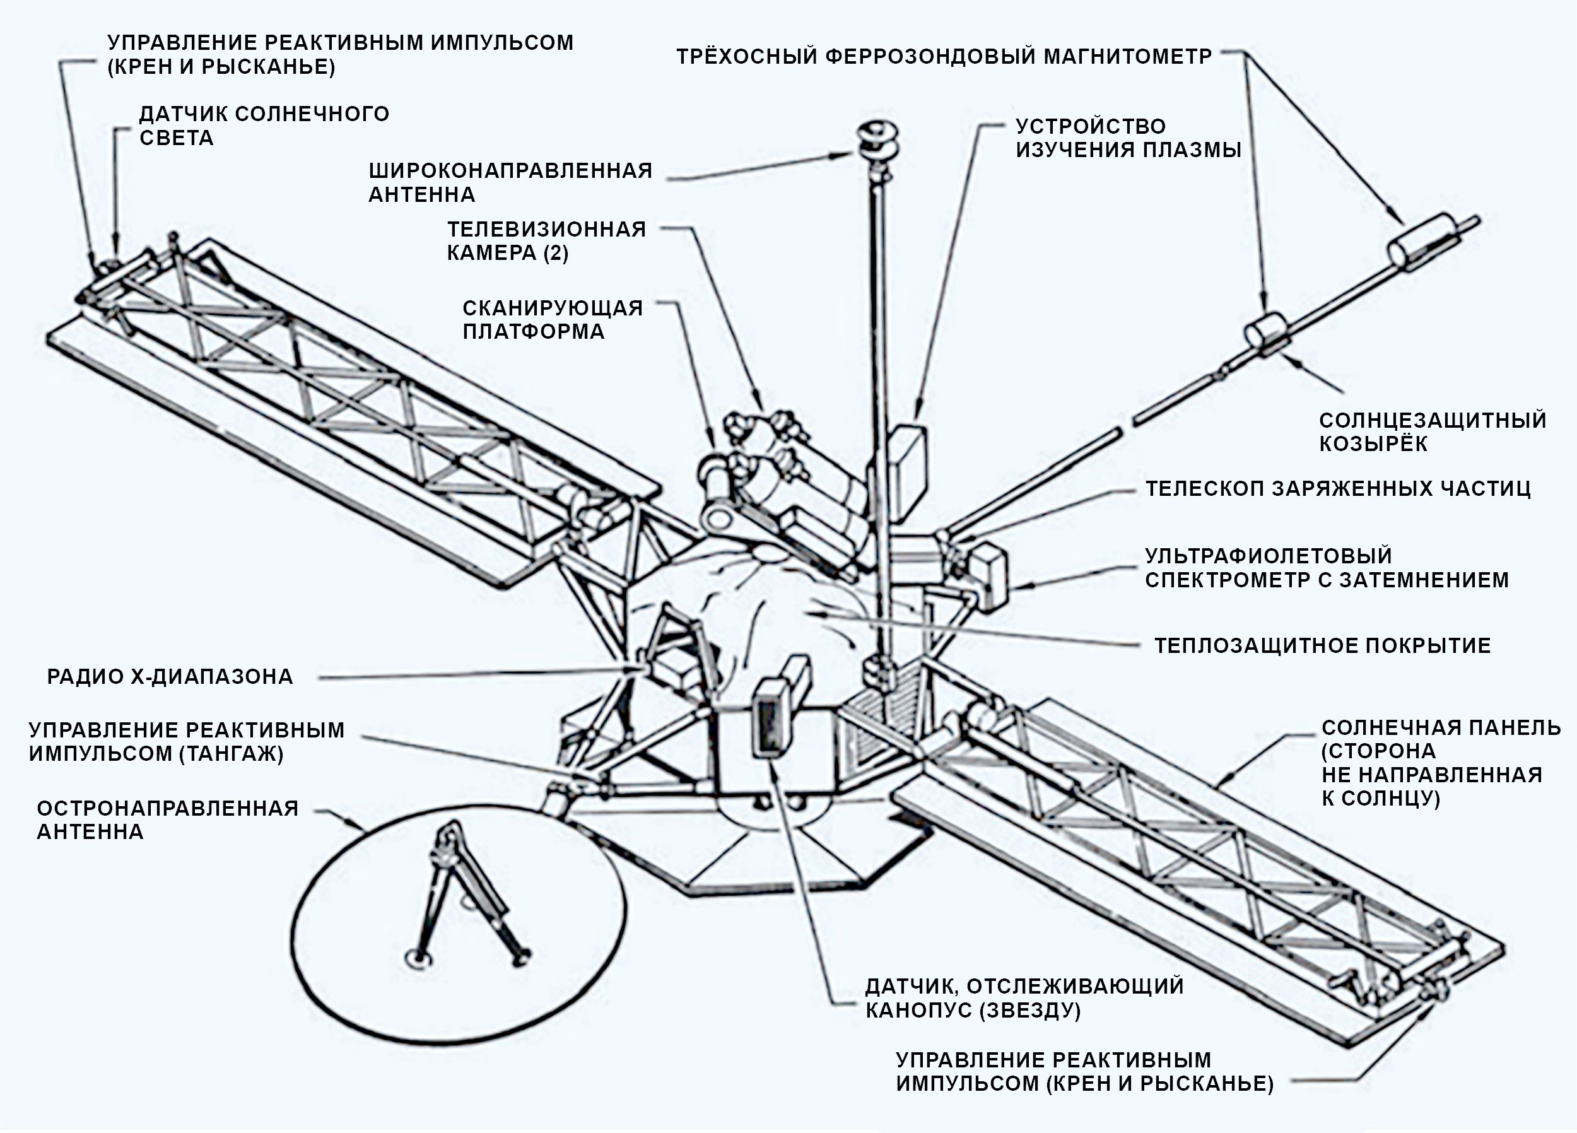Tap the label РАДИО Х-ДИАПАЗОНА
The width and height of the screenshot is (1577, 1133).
pos(170,676)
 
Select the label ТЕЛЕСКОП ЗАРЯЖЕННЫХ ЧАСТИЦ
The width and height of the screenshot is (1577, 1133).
pos(1338,488)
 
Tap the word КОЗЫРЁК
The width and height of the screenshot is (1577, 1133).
pos(1373,443)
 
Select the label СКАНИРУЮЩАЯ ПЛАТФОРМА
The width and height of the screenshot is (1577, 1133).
pos(553,319)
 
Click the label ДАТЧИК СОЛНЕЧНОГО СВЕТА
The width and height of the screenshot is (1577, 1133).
pos(264,125)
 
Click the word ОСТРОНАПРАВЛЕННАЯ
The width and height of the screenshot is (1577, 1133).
pos(168,808)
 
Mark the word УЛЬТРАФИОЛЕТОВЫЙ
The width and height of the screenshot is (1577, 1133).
pos(1269,556)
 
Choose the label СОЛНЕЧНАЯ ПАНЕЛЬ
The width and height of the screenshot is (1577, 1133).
pos(1441,727)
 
